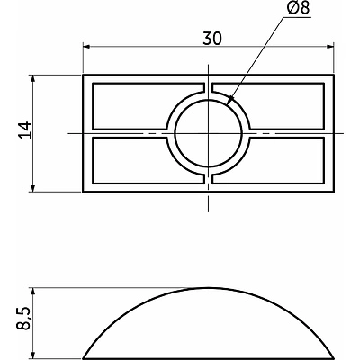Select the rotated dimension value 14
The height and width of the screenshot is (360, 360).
tap(25, 132)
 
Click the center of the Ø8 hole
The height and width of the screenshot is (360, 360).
tap(209, 133)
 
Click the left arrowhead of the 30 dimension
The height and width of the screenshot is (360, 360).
tap(86, 47)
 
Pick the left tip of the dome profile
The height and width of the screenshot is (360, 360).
tap(84, 354)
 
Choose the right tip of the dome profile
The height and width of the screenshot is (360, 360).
tap(335, 354)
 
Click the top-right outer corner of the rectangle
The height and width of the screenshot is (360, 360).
tap(335, 76)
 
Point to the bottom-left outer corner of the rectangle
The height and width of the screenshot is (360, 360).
tap(83, 191)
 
